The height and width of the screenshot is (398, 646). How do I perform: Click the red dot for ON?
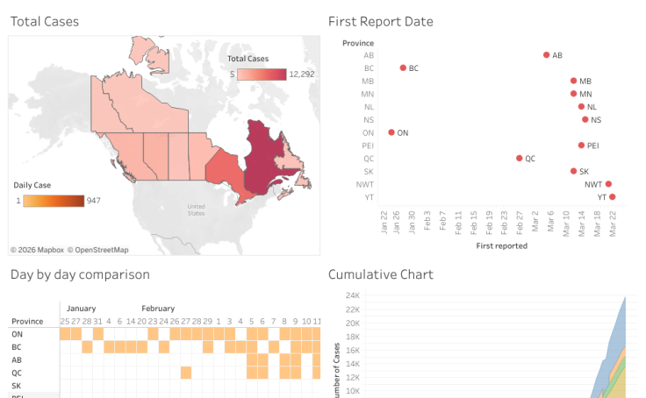click(x=391, y=132)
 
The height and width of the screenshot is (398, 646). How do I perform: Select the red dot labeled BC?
click(x=403, y=68)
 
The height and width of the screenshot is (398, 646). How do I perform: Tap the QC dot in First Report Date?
click(x=519, y=159)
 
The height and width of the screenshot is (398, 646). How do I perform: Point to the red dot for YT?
click(x=613, y=197)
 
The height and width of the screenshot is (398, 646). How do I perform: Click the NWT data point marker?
click(x=608, y=184)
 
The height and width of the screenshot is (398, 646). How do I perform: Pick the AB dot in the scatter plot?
click(x=546, y=55)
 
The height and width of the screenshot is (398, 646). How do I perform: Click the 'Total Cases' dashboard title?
click(x=44, y=21)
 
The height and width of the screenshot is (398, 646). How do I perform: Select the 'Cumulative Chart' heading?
click(x=380, y=274)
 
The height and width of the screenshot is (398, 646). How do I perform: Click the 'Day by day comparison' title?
click(x=80, y=274)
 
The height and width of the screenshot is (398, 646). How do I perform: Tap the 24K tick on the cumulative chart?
click(x=352, y=295)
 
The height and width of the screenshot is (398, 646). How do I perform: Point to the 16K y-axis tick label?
click(x=352, y=350)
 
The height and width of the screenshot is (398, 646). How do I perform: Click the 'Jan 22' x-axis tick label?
click(x=385, y=224)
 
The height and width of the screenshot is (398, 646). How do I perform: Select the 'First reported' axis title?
click(x=501, y=246)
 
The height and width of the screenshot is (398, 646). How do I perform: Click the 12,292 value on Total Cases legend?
click(x=301, y=75)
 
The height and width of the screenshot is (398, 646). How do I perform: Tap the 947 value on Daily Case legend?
click(x=94, y=201)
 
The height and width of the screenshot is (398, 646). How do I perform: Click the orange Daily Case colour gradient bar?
click(x=54, y=201)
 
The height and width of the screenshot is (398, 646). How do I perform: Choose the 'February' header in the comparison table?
click(x=158, y=309)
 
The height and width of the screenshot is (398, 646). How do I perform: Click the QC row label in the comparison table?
click(x=17, y=372)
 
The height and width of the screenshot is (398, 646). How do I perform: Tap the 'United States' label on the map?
click(x=196, y=210)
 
